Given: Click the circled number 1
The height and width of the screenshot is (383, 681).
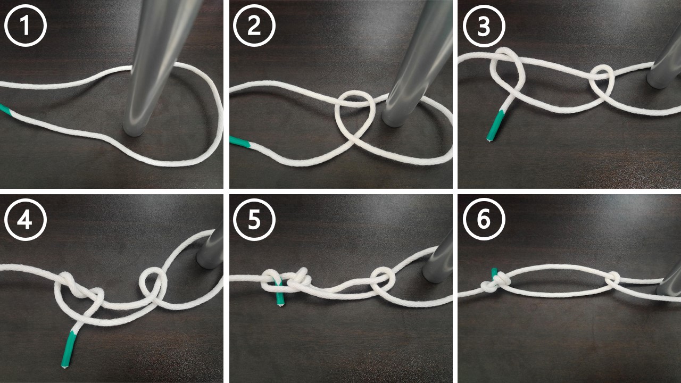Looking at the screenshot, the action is click(26, 26).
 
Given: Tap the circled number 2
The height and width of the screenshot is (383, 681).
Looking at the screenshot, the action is click(254, 26).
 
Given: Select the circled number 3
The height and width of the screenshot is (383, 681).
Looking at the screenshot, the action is click(484, 26).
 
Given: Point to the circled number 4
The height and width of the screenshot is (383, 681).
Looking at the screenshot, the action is click(26, 220).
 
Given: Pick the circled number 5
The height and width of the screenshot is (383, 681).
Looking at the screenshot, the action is click(254, 220).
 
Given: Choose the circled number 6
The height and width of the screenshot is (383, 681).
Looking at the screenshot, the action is click(484, 220).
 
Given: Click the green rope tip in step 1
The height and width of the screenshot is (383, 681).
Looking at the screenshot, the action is click(5, 109).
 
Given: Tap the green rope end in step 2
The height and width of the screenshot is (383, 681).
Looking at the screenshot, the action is click(240, 142).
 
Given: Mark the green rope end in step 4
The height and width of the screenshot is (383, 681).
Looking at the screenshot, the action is click(68, 349).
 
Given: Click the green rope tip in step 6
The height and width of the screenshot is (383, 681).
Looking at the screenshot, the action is click(495, 273).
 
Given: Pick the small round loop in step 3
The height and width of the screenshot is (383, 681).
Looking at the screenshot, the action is click(602, 80).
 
